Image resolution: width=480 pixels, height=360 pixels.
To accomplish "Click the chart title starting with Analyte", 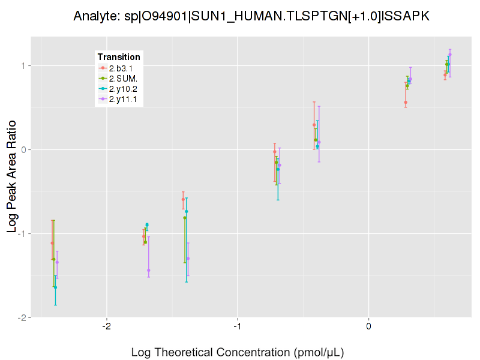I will (251, 16).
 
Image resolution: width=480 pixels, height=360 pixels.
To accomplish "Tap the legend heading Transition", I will (119, 57).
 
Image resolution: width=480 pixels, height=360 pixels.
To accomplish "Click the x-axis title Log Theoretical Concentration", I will (238, 352).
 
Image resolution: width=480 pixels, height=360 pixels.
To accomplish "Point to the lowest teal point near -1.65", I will (55, 287).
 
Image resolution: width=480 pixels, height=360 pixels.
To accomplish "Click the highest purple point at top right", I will (450, 55).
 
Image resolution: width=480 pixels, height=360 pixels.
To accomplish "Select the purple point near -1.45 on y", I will (149, 270).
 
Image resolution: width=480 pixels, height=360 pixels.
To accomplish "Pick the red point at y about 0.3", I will (314, 125).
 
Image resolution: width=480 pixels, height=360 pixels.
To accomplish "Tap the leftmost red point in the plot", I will (52, 243).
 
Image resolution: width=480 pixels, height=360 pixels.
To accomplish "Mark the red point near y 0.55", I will (406, 103).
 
